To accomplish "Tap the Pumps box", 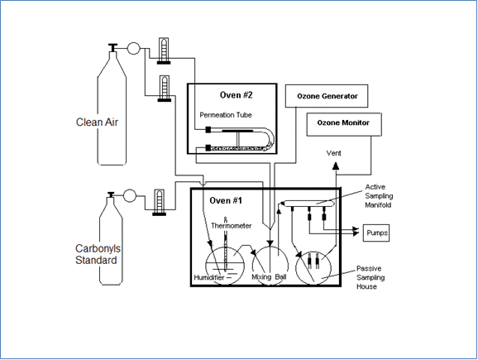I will tap(376, 234).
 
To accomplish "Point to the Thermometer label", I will tap(227, 225).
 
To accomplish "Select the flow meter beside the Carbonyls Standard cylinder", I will tap(159, 200).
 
